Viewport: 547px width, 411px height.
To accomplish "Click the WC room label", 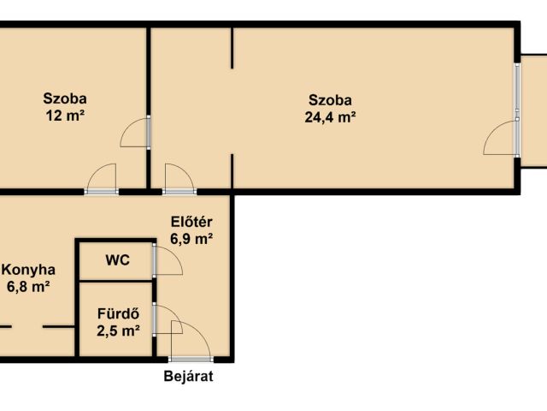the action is pyautogui.click(x=118, y=260).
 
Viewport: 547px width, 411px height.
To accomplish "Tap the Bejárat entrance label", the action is pyautogui.click(x=188, y=377).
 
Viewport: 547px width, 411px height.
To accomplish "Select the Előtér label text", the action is pyautogui.click(x=191, y=222).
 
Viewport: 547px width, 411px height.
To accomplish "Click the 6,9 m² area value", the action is pyautogui.click(x=191, y=239).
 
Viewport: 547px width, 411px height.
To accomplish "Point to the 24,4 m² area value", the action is pyautogui.click(x=330, y=116).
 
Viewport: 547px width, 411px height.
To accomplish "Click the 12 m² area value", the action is pyautogui.click(x=66, y=115).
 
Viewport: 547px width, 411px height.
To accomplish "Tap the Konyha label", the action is pyautogui.click(x=28, y=270).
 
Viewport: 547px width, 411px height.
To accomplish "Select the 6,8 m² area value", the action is pyautogui.click(x=28, y=287).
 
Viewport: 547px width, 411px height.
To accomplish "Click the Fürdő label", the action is pyautogui.click(x=118, y=313).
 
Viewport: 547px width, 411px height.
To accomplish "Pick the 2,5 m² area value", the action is pyautogui.click(x=118, y=331).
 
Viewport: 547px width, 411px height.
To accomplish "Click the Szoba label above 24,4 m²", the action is pyautogui.click(x=330, y=100).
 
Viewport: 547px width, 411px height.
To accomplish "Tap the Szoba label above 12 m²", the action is pyautogui.click(x=65, y=98).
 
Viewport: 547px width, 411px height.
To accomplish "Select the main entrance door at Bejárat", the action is pyautogui.click(x=191, y=359).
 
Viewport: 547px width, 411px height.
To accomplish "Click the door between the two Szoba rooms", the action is pyautogui.click(x=149, y=132).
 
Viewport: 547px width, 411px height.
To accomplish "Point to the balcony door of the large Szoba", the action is pyautogui.click(x=517, y=138).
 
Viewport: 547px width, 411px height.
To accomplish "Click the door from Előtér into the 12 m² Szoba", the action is pyautogui.click(x=102, y=192).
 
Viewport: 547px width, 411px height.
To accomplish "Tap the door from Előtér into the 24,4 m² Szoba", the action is pyautogui.click(x=179, y=192).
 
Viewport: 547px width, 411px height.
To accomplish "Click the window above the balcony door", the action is pyautogui.click(x=517, y=86).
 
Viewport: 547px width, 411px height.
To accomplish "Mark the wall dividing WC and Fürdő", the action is pyautogui.click(x=116, y=281).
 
